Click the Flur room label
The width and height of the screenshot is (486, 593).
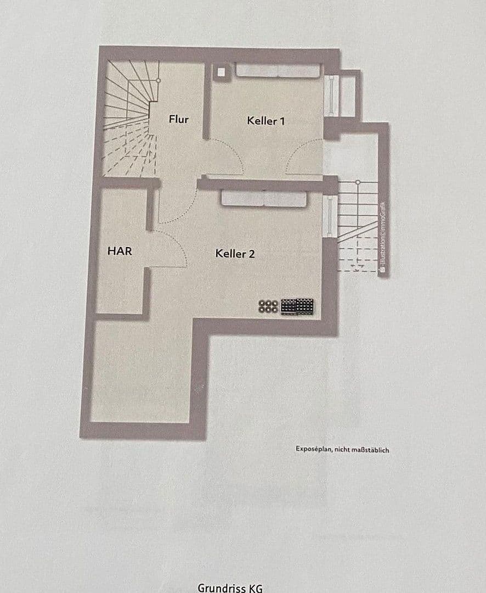click(179, 119)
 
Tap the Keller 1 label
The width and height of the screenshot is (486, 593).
click(265, 120)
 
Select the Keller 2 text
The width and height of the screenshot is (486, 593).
click(235, 254)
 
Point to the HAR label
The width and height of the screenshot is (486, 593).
click(120, 251)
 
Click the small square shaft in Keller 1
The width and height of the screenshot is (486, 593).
click(221, 72)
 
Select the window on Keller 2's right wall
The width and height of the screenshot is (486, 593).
click(329, 216)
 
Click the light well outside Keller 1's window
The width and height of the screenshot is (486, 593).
click(348, 94)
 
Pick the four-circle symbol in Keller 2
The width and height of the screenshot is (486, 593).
click(268, 306)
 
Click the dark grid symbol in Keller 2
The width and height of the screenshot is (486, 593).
click(297, 306)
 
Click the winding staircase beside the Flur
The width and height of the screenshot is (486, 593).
click(129, 118)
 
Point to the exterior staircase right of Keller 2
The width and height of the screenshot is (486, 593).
click(357, 225)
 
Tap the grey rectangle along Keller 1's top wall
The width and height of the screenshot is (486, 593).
click(277, 71)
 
